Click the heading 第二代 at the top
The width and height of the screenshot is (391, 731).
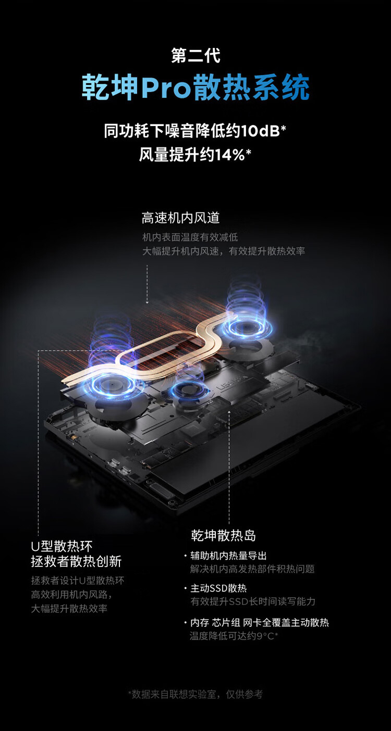click(195, 56)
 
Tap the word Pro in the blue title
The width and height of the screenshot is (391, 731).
click(166, 88)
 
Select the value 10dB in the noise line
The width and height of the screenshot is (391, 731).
click(260, 131)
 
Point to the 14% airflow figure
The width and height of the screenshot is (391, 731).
click(229, 155)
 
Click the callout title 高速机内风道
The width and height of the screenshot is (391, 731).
click(180, 218)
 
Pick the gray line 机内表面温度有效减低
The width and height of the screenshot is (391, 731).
click(190, 237)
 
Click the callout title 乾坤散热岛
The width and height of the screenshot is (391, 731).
click(223, 536)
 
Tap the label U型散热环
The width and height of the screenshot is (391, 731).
click(62, 546)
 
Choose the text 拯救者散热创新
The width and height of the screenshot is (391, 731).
click(76, 561)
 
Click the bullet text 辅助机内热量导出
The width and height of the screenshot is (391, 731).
click(229, 556)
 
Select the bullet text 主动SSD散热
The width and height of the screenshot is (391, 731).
click(218, 588)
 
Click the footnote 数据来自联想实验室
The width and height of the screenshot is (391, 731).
click(174, 694)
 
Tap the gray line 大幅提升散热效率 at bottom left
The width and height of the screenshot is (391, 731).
click(69, 609)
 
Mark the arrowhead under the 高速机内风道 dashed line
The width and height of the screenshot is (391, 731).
click(147, 302)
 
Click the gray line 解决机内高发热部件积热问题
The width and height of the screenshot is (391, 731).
click(252, 569)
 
